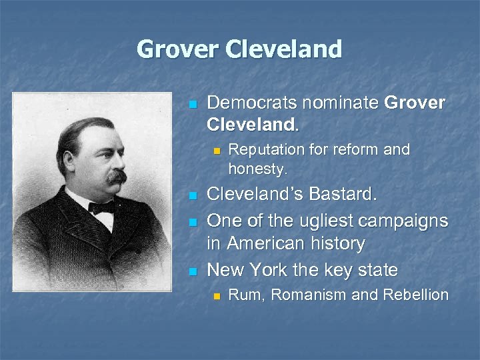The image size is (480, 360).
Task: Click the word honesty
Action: tap(257, 169)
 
